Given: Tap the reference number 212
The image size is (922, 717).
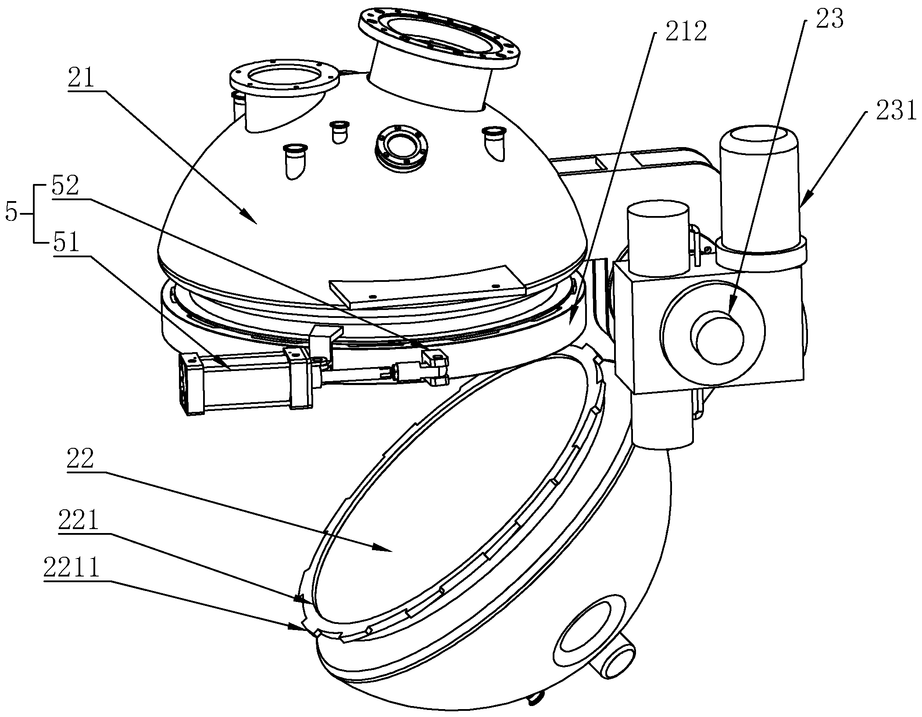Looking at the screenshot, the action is pyautogui.click(x=686, y=32).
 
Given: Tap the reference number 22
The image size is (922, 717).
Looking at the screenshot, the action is pyautogui.click(x=80, y=459).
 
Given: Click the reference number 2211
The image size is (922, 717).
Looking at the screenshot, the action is pyautogui.click(x=72, y=568).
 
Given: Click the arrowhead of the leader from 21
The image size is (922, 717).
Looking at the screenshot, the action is pyautogui.click(x=249, y=217).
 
